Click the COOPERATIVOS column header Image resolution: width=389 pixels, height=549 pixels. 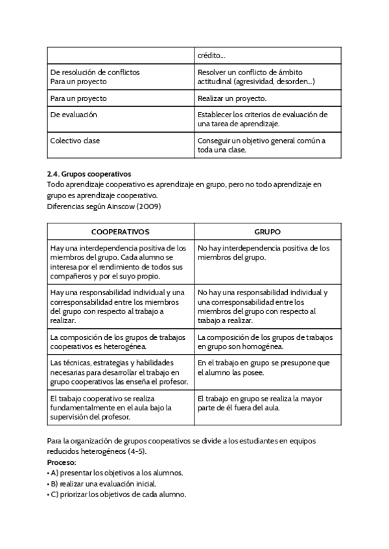120,232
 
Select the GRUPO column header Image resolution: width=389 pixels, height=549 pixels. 267,232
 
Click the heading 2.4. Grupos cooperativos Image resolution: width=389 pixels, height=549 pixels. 89,174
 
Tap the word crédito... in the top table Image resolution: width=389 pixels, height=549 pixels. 211,55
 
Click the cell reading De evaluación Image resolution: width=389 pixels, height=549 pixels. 74,115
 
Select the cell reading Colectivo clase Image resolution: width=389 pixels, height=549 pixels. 75,140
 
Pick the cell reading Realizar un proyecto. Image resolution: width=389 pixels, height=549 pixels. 232,98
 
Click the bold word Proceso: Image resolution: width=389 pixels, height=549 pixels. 62,463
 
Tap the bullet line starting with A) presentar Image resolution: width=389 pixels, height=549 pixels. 115,473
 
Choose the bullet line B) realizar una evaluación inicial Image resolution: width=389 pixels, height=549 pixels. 102,484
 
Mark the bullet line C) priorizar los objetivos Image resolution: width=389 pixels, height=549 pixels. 117,494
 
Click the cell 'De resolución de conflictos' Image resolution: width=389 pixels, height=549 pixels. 95,72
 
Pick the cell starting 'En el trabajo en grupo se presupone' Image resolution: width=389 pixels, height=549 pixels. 264,368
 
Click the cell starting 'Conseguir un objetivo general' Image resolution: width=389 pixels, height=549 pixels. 261,144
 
